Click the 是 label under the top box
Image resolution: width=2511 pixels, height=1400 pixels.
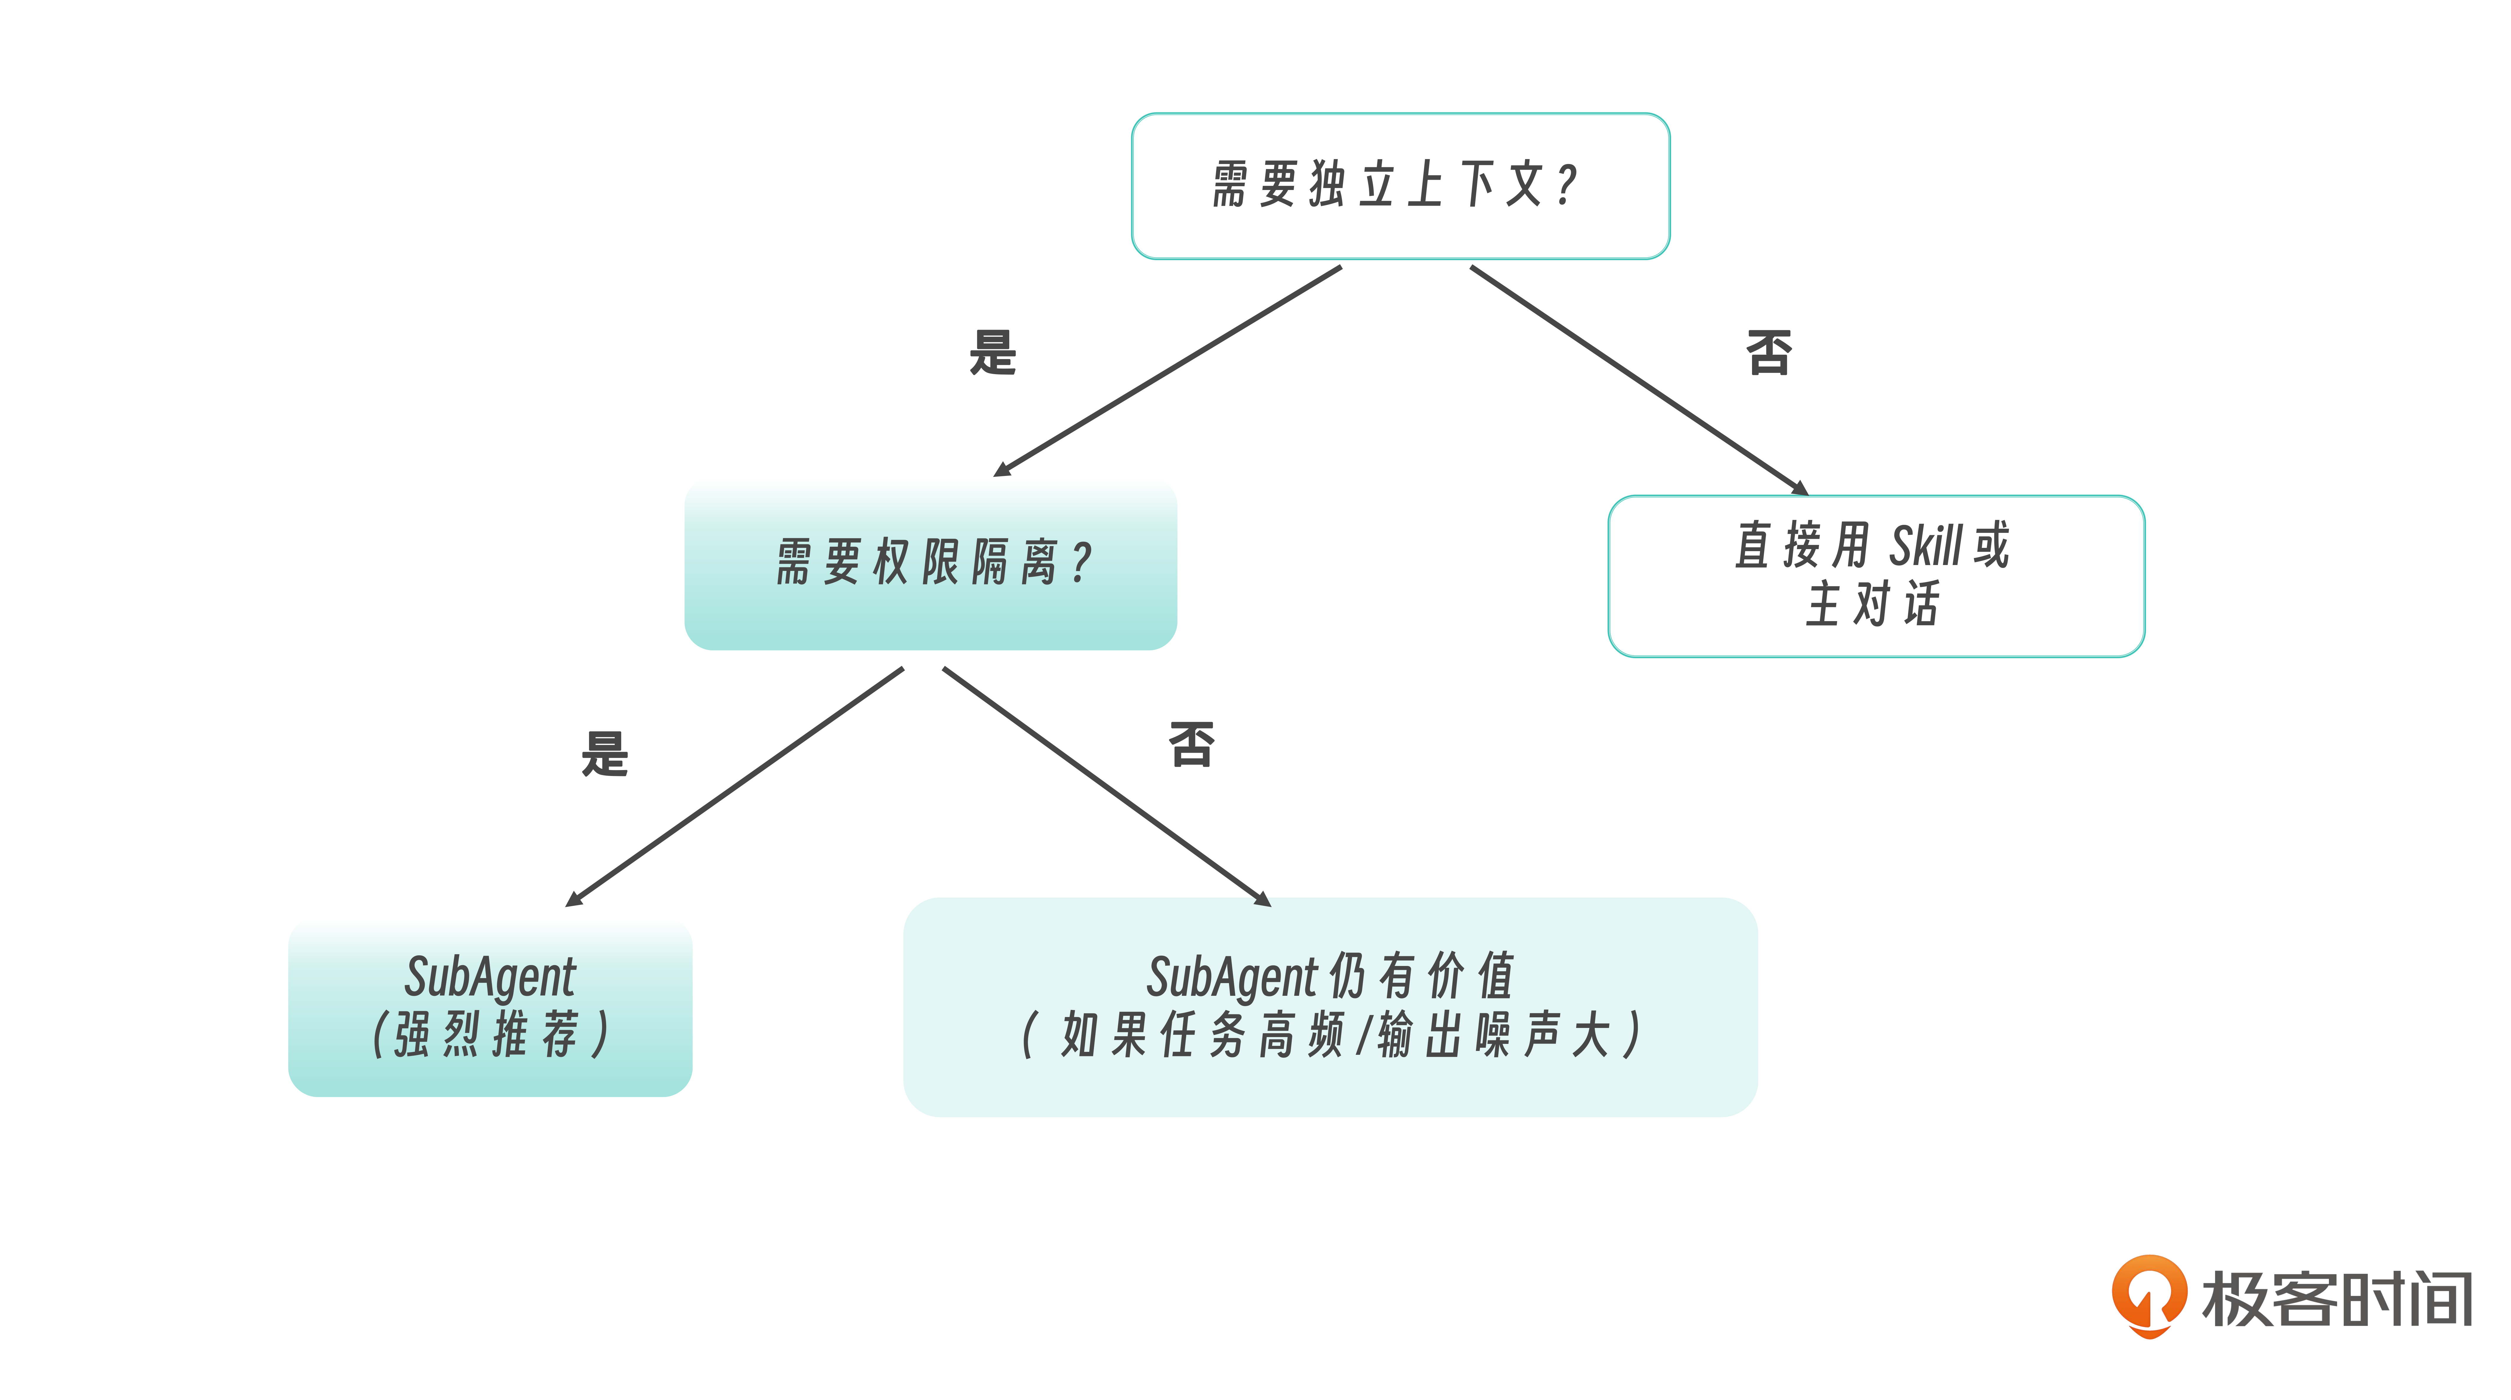(x=992, y=353)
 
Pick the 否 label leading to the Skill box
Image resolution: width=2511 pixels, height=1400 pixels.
(x=1768, y=353)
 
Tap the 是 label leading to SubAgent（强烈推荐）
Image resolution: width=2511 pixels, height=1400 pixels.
(x=604, y=754)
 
